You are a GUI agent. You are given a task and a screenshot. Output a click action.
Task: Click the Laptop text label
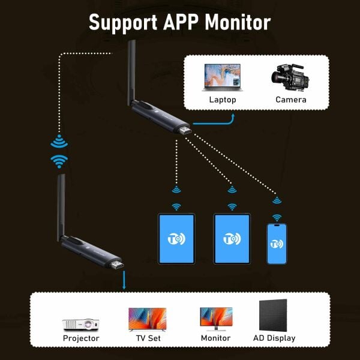click(x=223, y=100)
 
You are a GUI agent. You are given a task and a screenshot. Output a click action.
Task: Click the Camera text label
click(x=291, y=100)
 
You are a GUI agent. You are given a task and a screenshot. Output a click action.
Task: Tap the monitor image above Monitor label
click(x=216, y=318)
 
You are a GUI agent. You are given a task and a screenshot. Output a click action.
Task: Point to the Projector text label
click(x=81, y=338)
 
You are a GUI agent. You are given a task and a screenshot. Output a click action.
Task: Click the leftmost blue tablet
click(x=176, y=238)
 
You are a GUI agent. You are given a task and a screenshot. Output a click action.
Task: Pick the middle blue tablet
click(x=232, y=238)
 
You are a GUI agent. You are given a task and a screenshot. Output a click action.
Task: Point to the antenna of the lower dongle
click(x=62, y=204)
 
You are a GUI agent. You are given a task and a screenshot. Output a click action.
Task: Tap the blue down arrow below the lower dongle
click(x=124, y=284)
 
